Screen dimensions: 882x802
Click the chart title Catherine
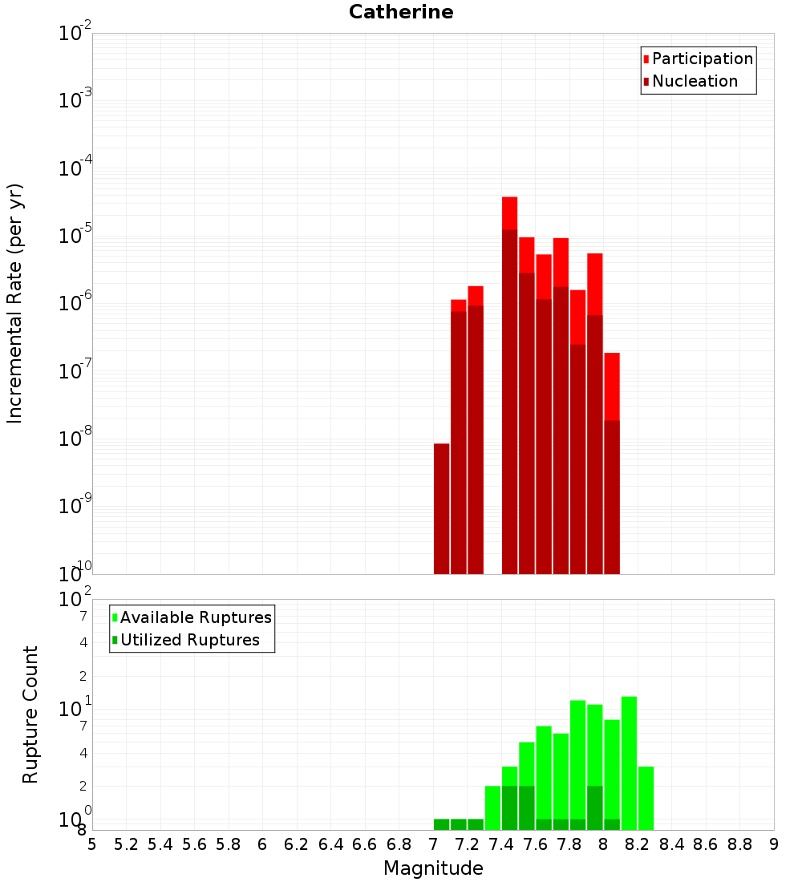click(401, 12)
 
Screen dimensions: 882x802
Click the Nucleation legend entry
click(695, 81)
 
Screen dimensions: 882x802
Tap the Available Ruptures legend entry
click(196, 617)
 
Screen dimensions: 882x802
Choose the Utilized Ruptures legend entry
click(189, 640)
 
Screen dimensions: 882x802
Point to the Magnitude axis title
click(433, 868)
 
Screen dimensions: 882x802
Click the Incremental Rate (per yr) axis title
click(14, 303)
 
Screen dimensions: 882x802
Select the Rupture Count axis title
click(30, 714)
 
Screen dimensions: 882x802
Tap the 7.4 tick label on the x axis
click(501, 844)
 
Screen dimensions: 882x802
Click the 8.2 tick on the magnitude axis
click(638, 844)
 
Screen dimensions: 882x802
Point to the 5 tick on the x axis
click(92, 844)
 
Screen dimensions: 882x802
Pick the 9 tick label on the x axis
click(774, 844)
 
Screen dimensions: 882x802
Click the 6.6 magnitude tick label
click(365, 844)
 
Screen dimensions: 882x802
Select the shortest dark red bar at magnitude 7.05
click(441, 508)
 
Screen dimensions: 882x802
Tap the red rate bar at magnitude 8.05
click(612, 385)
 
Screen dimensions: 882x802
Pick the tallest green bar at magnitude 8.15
click(629, 762)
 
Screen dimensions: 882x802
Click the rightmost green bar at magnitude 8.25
click(646, 798)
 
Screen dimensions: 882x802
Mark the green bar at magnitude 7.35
click(492, 807)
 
